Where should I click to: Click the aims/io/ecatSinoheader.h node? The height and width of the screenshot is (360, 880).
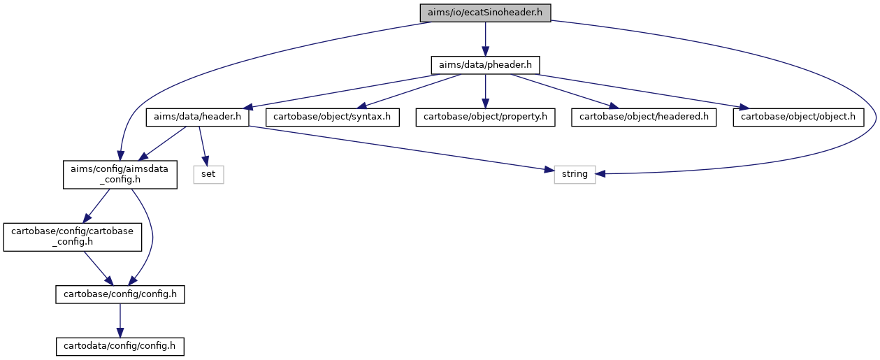point(485,13)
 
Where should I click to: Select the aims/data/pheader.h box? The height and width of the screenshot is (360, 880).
point(485,65)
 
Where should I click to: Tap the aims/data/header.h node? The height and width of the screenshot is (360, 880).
point(197,117)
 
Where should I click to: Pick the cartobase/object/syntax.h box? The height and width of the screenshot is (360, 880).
point(332,117)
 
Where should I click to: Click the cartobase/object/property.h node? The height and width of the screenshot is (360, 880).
point(485,117)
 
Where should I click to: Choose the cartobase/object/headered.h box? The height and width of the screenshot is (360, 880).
point(644,117)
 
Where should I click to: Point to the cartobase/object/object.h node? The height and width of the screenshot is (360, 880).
point(798,117)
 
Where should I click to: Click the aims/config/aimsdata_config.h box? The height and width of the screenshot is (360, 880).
point(120,175)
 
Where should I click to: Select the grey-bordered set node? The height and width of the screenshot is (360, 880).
point(208,175)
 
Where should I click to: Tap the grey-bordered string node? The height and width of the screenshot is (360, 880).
point(575,175)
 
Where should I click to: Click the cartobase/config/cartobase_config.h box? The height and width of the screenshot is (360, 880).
point(72,237)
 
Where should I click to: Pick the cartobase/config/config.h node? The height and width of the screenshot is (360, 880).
point(120,294)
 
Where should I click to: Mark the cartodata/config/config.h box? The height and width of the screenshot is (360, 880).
point(120,347)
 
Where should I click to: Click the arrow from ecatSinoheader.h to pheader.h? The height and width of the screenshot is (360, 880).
point(485,39)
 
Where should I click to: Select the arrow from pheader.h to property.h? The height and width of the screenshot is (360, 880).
point(485,91)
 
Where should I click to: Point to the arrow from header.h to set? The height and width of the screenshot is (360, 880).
point(203,146)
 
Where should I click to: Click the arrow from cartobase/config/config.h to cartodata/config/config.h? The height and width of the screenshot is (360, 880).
point(120,320)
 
